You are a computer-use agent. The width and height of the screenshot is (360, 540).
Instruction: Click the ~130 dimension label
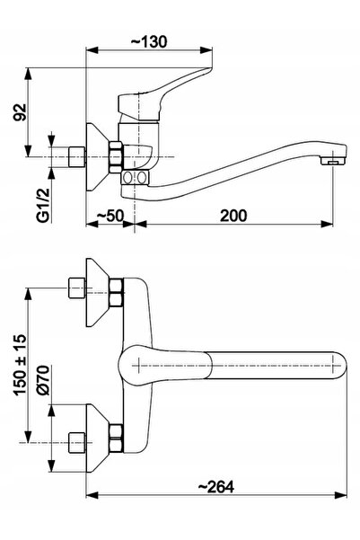coord(149,41)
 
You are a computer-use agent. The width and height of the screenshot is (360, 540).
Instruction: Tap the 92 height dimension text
coord(20,112)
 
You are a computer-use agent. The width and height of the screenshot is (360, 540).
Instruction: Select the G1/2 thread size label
coord(44,205)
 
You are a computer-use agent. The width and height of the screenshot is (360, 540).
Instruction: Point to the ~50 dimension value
coord(110,216)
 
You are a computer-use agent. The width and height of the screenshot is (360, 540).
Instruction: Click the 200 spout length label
coord(233,216)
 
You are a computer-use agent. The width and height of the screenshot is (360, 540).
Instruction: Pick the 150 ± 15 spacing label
coord(20,364)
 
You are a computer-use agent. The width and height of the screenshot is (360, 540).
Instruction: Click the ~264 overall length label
coord(216,486)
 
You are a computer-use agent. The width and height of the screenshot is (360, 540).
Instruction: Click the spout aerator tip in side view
coord(333,161)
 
